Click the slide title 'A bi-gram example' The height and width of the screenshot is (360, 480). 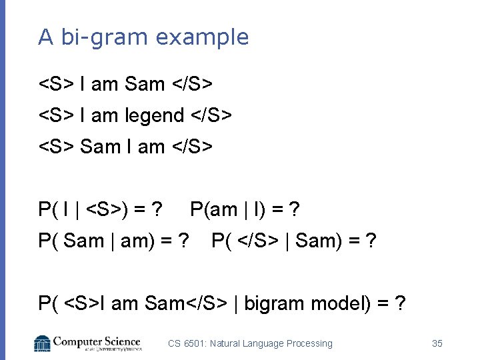[143, 37]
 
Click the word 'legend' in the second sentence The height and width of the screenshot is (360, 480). [154, 116]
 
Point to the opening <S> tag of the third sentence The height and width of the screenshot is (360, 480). [56, 147]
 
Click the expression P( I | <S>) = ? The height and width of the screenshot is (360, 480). [99, 210]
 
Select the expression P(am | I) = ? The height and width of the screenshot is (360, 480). [245, 210]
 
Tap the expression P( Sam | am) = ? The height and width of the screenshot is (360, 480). [113, 241]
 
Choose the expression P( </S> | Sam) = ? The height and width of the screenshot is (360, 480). [294, 241]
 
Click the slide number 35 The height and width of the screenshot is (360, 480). [437, 343]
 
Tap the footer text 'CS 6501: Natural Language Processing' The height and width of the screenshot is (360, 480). [250, 343]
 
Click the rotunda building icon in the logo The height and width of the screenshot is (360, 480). [43, 343]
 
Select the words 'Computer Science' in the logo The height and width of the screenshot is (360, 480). [97, 341]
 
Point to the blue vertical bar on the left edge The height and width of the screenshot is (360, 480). [3, 180]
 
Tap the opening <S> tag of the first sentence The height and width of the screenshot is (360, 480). [56, 85]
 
